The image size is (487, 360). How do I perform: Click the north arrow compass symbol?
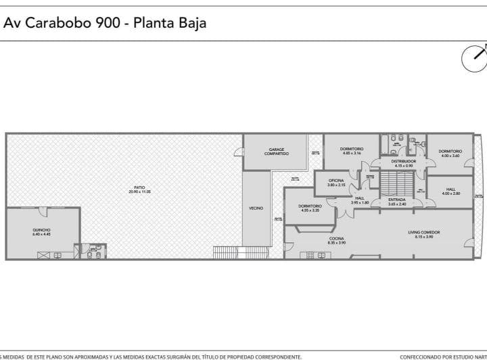[474, 58]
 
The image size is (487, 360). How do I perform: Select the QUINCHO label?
[41, 230]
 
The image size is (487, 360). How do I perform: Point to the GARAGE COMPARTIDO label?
[277, 152]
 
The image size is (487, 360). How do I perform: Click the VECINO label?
[256, 208]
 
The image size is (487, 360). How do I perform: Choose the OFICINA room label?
[336, 180]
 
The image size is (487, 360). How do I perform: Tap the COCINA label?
[337, 238]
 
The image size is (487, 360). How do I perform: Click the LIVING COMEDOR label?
[424, 233]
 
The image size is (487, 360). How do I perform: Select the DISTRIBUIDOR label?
[404, 162]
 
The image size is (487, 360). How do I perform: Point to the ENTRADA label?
[397, 200]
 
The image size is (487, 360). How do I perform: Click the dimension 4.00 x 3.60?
[450, 156]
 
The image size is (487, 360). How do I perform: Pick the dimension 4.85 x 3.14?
[352, 153]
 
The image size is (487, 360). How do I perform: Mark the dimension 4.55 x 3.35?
[310, 210]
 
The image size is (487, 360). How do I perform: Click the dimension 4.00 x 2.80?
[450, 194]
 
